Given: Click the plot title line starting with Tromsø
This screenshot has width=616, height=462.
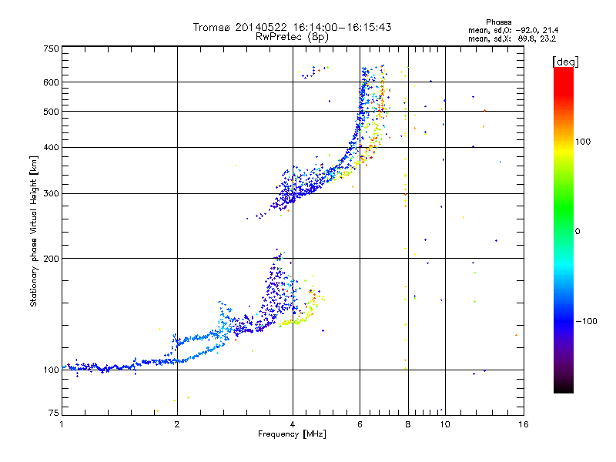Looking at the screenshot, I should [x=292, y=27].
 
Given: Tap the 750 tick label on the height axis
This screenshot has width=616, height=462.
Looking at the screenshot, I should [x=51, y=49].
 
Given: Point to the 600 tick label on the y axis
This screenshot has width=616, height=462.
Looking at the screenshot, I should [x=51, y=82].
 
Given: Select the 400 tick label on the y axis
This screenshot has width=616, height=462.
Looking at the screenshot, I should [x=51, y=147].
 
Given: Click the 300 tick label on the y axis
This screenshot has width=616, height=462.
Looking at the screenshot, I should [x=51, y=193].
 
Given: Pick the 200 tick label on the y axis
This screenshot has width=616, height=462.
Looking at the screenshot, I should [x=51, y=259].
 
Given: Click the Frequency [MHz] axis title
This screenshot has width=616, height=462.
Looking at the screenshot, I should [x=292, y=435].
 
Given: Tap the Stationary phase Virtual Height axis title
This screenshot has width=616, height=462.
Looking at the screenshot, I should [x=34, y=233].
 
